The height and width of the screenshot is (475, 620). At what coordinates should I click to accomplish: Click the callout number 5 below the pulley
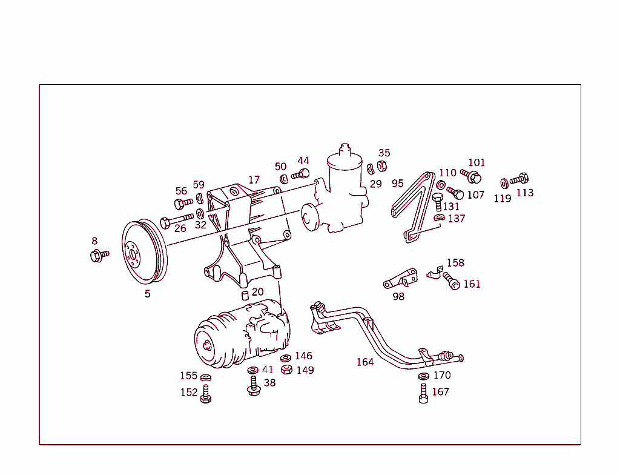tap(147, 294)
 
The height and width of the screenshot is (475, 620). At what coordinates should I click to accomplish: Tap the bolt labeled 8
tap(98, 256)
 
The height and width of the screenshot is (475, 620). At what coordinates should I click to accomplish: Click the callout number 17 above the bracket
tap(254, 180)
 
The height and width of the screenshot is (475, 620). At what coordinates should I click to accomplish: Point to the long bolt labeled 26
tap(177, 219)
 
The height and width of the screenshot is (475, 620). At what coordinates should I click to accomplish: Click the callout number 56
tap(181, 191)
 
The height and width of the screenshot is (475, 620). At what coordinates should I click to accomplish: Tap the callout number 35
tap(384, 153)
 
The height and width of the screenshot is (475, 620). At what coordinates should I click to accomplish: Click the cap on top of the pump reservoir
tap(345, 148)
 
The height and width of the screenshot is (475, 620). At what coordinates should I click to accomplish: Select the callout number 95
tap(397, 183)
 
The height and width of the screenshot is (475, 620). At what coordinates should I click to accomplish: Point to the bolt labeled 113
tap(519, 179)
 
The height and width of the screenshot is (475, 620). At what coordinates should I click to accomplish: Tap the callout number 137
tap(457, 218)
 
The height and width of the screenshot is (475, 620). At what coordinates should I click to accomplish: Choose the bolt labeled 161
tap(450, 281)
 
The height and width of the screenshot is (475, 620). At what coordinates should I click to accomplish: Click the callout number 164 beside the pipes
tap(365, 362)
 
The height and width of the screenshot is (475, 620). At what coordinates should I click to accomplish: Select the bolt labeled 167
tap(423, 394)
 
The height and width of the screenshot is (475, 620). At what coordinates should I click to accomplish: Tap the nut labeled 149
tap(287, 370)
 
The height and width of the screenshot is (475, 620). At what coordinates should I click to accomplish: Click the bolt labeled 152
tap(205, 394)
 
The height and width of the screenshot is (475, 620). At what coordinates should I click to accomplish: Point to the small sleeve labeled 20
tap(245, 295)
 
